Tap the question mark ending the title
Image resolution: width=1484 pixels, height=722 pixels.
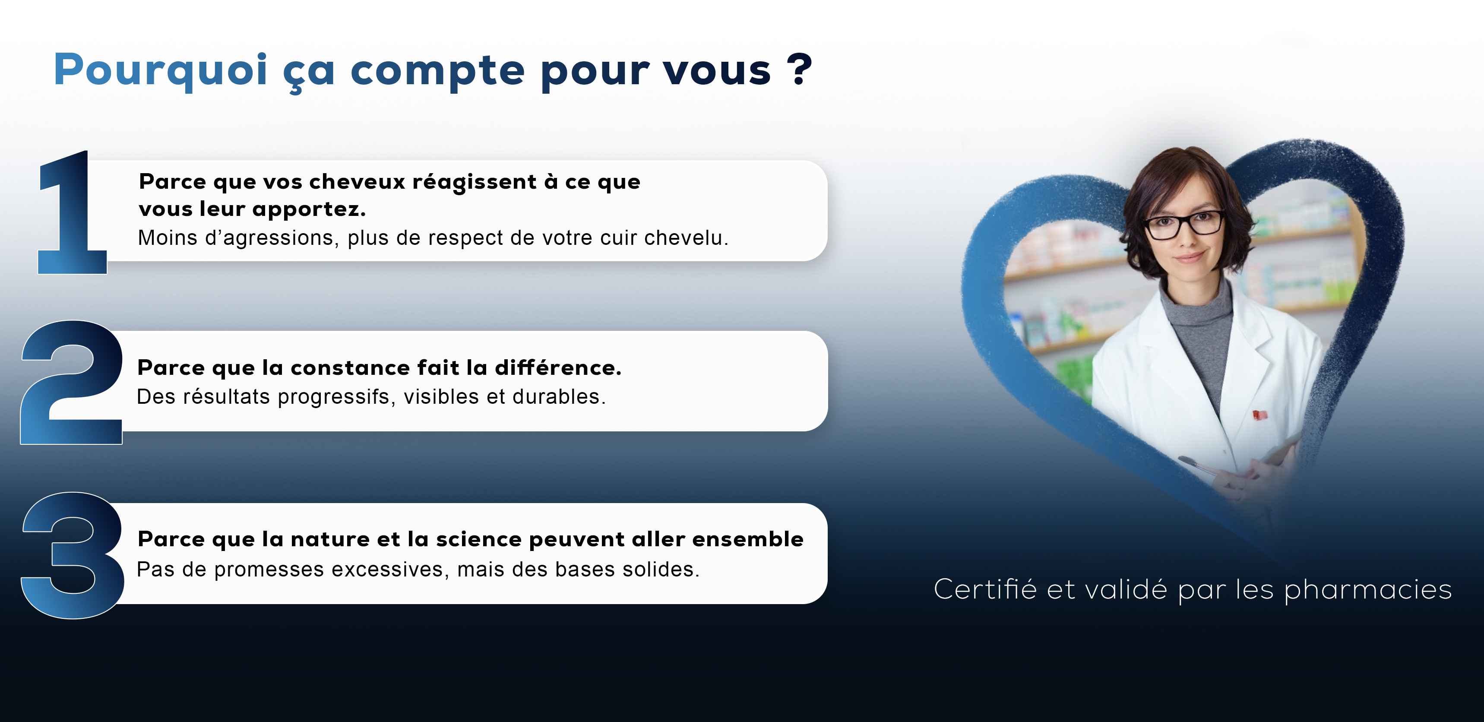pos(800,69)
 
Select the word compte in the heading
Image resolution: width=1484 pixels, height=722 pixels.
pos(438,74)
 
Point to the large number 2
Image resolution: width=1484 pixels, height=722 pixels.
pos(71,382)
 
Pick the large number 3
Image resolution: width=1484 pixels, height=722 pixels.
pos(72,555)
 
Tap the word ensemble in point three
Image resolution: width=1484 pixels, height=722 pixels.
pos(747,539)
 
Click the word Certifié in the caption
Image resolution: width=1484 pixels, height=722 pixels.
pos(985,589)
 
